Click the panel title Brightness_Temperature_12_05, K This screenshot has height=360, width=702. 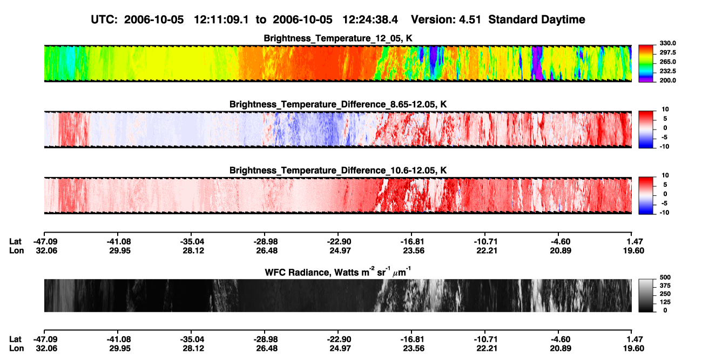point(338,38)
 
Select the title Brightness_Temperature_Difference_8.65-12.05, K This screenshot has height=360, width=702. point(338,104)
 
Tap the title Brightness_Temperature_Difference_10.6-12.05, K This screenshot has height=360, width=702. point(338,171)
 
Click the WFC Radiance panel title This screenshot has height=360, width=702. point(338,271)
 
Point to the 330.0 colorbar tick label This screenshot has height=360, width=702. point(667,43)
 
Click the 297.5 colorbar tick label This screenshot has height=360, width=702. point(667,52)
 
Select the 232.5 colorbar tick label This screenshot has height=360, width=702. point(667,71)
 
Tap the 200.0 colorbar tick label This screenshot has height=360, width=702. point(667,80)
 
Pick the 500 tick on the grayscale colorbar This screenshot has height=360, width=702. point(665,277)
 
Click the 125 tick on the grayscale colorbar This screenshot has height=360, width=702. point(665,302)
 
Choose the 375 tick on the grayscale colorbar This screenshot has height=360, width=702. point(665,286)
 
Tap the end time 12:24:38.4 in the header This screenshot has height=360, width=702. point(370,20)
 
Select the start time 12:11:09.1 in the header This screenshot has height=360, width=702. point(221,20)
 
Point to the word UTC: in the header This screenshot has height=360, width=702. point(104,20)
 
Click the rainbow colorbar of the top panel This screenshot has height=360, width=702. point(646,64)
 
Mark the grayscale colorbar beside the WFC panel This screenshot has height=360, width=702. point(646,295)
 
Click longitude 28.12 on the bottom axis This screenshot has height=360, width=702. point(193,349)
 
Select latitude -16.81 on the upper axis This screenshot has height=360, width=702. point(412,242)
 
